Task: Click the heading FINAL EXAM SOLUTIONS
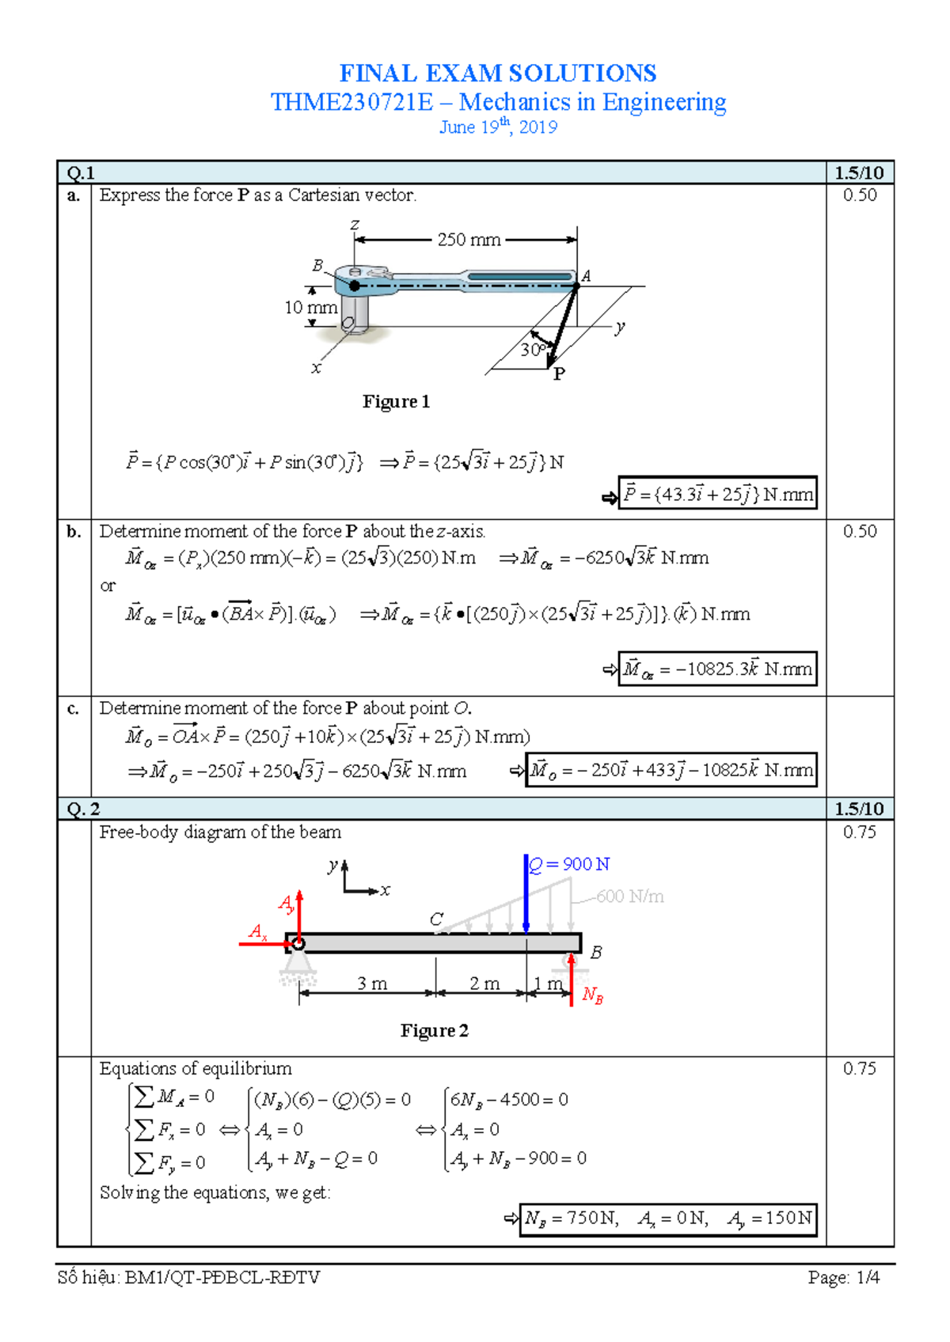pyautogui.click(x=498, y=74)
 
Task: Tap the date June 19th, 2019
pyautogui.click(x=498, y=127)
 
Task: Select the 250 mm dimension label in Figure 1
pyautogui.click(x=469, y=240)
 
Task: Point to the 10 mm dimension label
pyautogui.click(x=310, y=307)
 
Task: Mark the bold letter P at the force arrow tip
pyautogui.click(x=559, y=374)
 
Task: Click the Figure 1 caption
pyautogui.click(x=396, y=402)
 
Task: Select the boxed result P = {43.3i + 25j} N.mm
pyautogui.click(x=717, y=495)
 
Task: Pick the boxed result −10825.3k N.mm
pyautogui.click(x=717, y=669)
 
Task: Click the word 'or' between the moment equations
pyautogui.click(x=108, y=586)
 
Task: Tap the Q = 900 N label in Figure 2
pyautogui.click(x=568, y=864)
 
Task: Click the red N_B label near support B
pyautogui.click(x=592, y=995)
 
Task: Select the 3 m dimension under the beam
pyautogui.click(x=372, y=984)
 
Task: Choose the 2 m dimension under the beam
pyautogui.click(x=484, y=984)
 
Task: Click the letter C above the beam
pyautogui.click(x=436, y=919)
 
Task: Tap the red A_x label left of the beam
pyautogui.click(x=258, y=932)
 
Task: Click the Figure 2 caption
pyautogui.click(x=434, y=1031)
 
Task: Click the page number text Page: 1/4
pyautogui.click(x=843, y=1277)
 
